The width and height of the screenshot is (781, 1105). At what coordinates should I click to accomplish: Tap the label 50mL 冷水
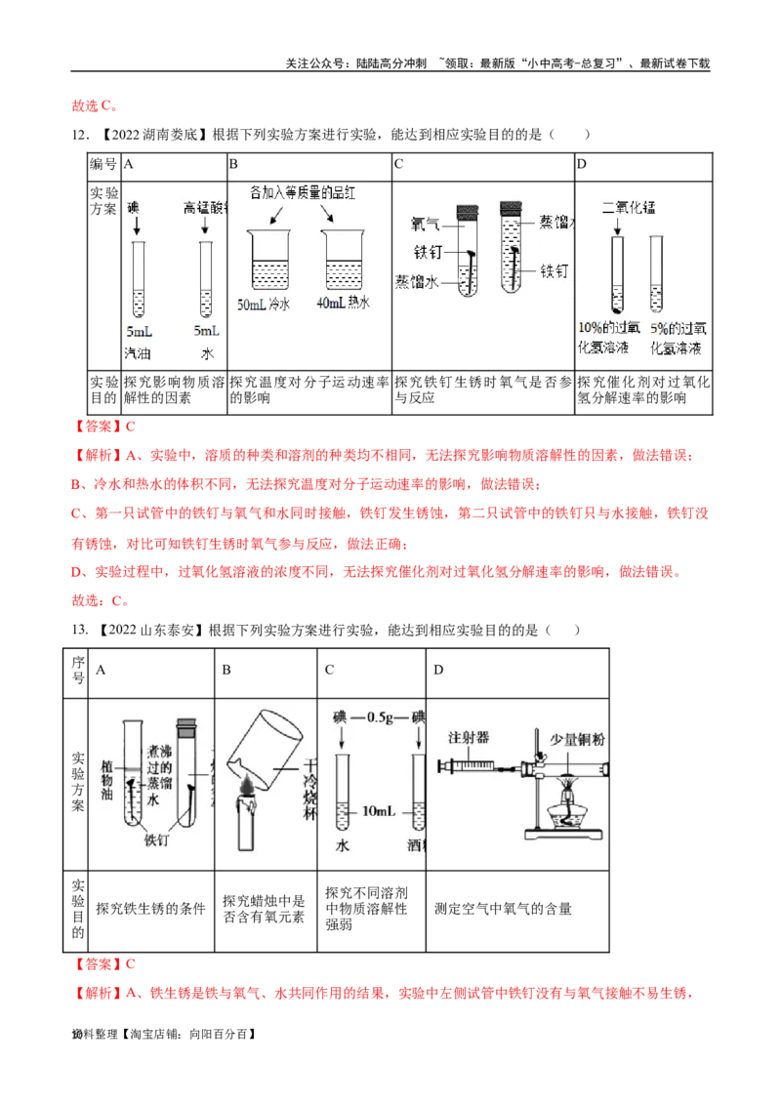click(x=264, y=304)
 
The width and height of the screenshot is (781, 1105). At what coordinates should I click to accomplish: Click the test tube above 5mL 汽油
click(x=138, y=279)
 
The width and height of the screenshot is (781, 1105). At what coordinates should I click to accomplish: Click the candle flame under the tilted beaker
click(x=244, y=782)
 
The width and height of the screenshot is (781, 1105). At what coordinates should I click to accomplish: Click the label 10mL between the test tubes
click(x=381, y=811)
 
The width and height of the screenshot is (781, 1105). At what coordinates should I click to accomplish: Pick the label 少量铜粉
click(x=578, y=739)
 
